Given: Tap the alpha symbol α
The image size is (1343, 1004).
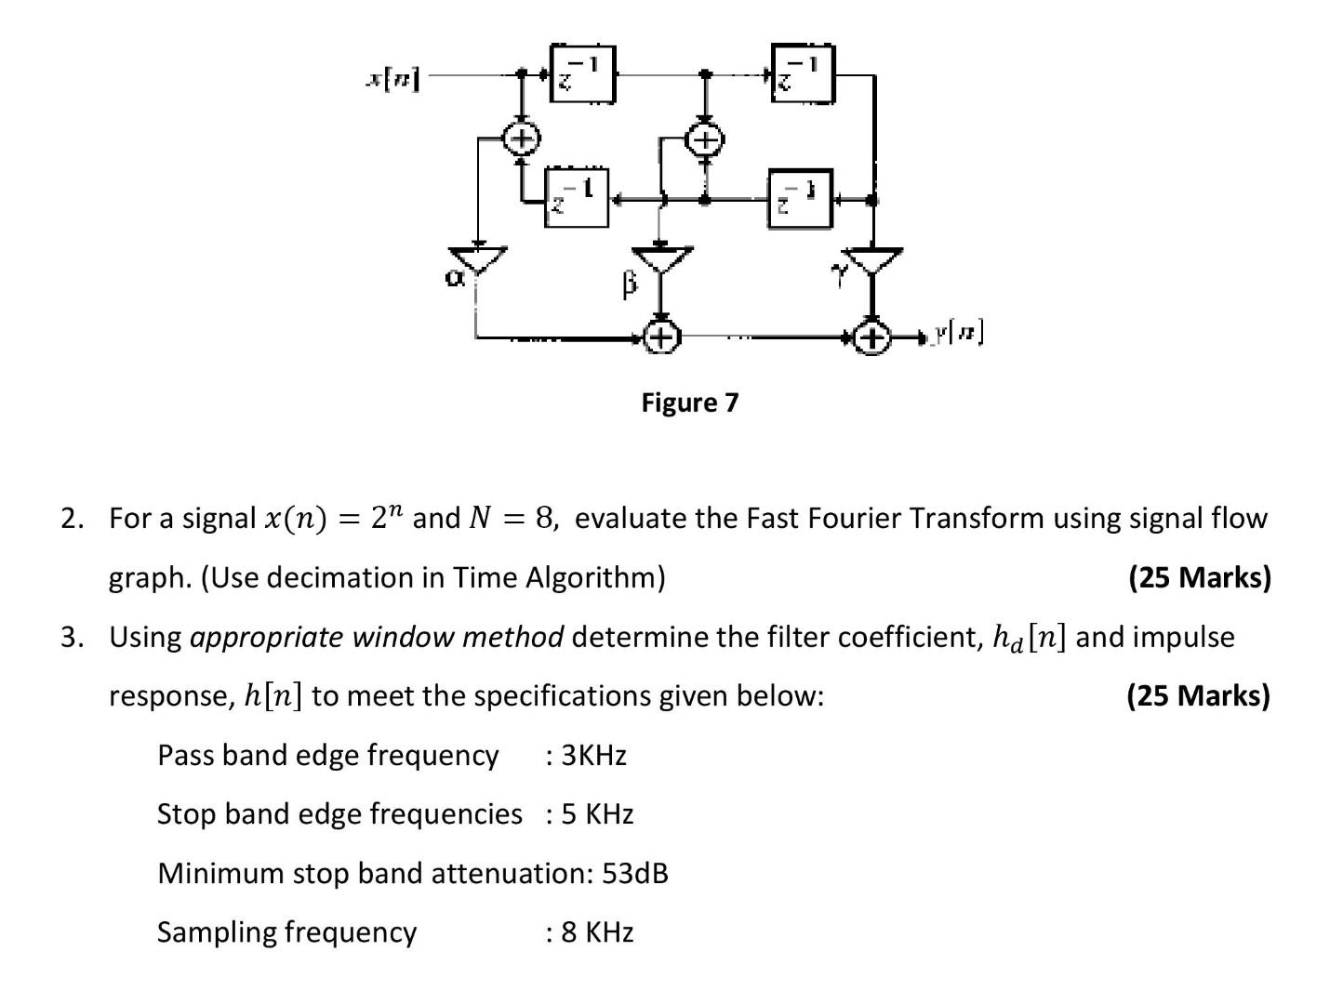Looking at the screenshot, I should (x=454, y=276).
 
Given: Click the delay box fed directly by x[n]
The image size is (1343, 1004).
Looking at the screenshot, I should (x=583, y=73).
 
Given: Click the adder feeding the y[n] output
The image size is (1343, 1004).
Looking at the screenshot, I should (x=871, y=338).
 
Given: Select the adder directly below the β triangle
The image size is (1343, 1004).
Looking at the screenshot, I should (x=660, y=338).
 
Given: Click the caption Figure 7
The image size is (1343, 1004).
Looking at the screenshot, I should (x=689, y=403).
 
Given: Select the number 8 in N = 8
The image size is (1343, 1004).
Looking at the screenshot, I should (x=544, y=518).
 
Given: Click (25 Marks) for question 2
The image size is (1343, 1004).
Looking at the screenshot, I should (x=1199, y=577).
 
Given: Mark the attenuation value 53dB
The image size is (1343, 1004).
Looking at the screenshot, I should (x=635, y=874).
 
